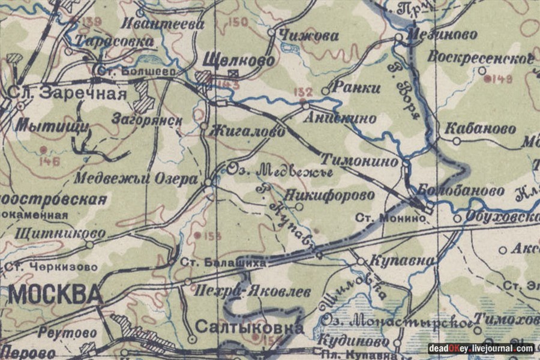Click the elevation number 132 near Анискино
tap(304, 92)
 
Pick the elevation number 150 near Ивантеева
tap(238, 23)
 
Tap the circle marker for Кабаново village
tap(457, 141)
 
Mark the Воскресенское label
tap(481, 58)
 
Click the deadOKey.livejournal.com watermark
tap(481, 349)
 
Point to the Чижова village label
tap(310, 36)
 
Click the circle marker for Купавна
tap(360, 262)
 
